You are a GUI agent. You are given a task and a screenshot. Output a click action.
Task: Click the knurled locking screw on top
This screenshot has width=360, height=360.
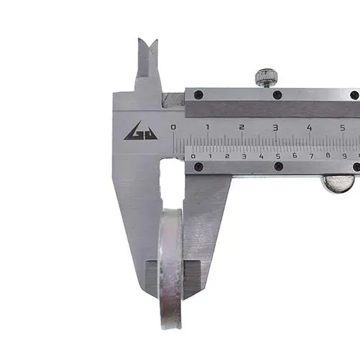coord(266,78)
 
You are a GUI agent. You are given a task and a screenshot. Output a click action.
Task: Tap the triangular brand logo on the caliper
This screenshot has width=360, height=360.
coord(140,130)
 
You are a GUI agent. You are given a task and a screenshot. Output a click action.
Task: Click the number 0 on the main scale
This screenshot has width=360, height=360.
coord(173,127)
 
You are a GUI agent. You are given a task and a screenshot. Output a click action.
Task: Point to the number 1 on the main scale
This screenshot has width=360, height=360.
coord(208,127)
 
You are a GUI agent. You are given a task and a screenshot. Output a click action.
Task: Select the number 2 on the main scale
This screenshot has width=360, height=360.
coord(242,127)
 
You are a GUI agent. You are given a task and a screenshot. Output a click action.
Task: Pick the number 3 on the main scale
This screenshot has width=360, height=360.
coord(276,127)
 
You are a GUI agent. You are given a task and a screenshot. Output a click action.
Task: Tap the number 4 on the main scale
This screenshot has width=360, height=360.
coord(310,127)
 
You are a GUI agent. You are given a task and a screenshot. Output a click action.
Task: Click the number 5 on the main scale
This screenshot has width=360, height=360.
coord(343,127)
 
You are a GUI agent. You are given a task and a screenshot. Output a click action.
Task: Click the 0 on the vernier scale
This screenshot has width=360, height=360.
coord(193,157)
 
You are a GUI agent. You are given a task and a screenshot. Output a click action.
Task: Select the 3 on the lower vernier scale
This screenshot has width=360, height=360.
coord(244,156)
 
